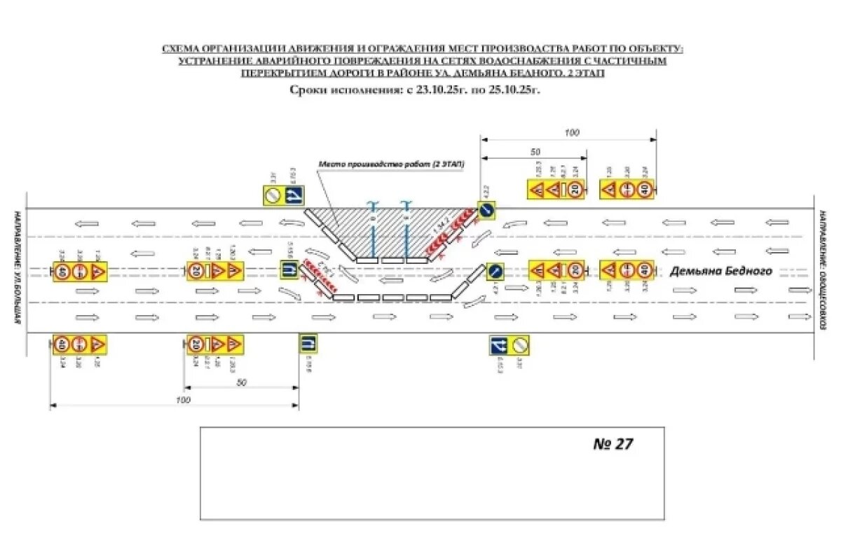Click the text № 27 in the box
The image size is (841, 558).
coord(613,444)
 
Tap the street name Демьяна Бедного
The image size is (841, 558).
coord(721,272)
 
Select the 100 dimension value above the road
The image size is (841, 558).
coord(573,132)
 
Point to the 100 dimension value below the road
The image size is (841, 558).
coord(183,400)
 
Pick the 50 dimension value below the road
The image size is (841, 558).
coord(242,382)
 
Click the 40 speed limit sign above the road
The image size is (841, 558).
coord(645,189)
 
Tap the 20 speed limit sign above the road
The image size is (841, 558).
coord(575,189)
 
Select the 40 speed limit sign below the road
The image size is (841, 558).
coord(62,344)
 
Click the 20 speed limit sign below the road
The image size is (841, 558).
coord(196,344)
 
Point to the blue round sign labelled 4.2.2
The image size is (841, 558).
coord(488,209)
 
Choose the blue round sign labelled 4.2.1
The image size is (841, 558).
coord(495,270)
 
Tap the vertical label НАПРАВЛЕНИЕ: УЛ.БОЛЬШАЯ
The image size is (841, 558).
coord(14,266)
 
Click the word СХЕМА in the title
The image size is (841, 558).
coord(182,48)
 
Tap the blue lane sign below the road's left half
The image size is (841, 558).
coord(307,344)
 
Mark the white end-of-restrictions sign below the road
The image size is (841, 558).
coord(520,345)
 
